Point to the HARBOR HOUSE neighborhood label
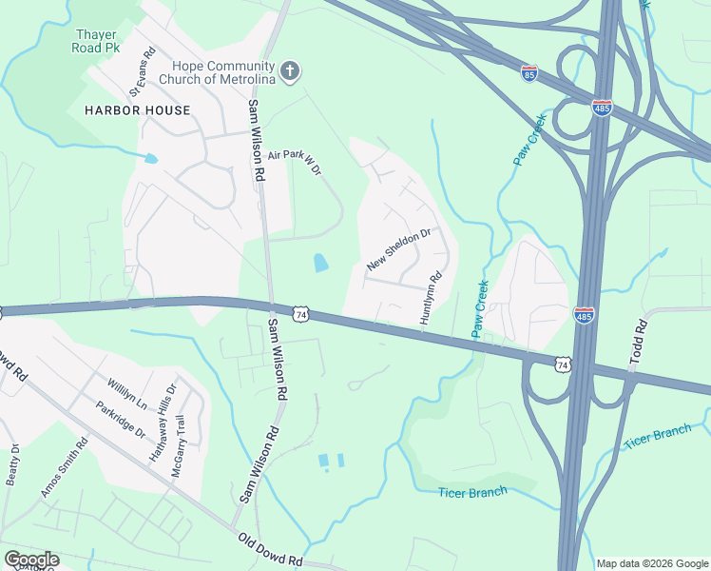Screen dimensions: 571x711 [137, 110]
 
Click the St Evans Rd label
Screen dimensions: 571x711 [141, 73]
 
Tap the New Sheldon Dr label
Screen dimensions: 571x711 [398, 248]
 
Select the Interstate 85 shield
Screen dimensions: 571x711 [529, 72]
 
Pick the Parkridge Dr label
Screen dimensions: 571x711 [119, 419]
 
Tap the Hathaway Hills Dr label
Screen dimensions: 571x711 [163, 422]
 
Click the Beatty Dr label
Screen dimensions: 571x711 [11, 464]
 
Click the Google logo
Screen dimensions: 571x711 [31, 560]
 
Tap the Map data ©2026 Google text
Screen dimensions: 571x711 [651, 563]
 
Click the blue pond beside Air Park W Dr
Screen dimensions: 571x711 [319, 263]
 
